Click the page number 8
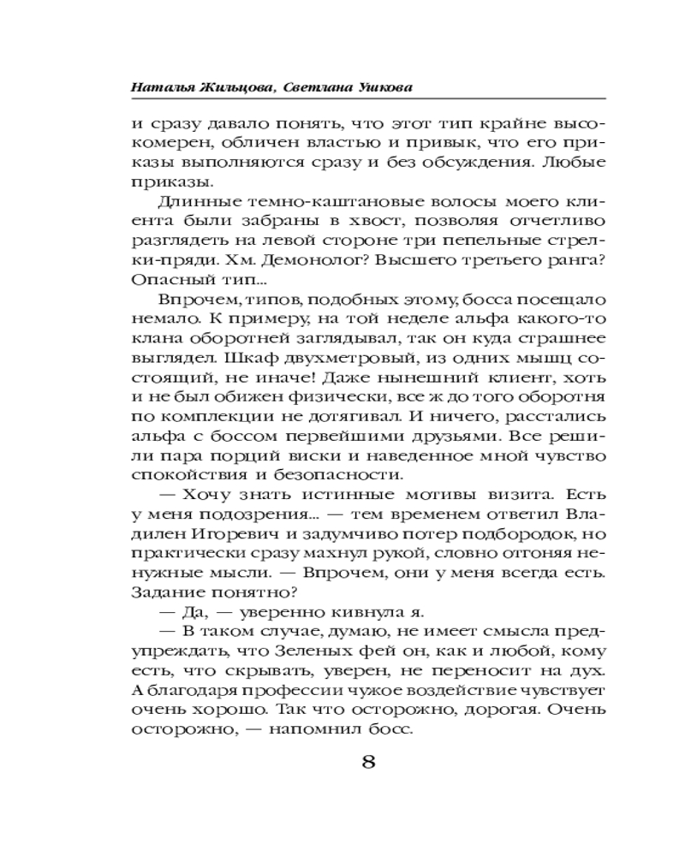(369, 762)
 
